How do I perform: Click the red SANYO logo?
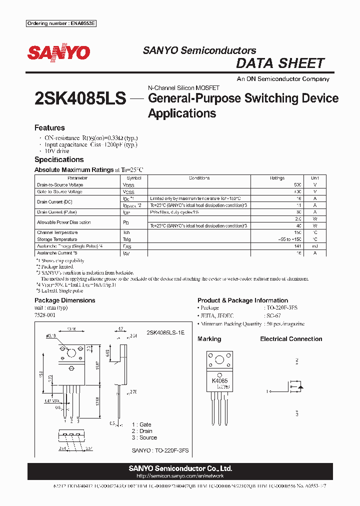pyautogui.click(x=58, y=53)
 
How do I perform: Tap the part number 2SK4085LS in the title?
pyautogui.click(x=80, y=98)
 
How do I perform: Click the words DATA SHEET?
pyautogui.click(x=280, y=63)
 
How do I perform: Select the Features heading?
pyautogui.click(x=49, y=128)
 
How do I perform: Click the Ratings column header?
pyautogui.click(x=276, y=178)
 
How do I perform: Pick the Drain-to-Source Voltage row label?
pyautogui.click(x=60, y=185)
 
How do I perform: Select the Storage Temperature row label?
pyautogui.click(x=57, y=239)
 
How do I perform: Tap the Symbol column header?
pyautogui.click(x=134, y=178)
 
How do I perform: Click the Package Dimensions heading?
pyautogui.click(x=64, y=300)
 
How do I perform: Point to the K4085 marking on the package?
pyautogui.click(x=219, y=380)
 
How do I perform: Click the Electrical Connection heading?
pyautogui.click(x=291, y=339)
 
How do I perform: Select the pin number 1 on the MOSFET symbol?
pyautogui.click(x=267, y=391)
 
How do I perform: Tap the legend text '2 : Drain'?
pyautogui.click(x=142, y=431)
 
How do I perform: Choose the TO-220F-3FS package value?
pyautogui.click(x=283, y=308)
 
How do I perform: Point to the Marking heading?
pyautogui.click(x=209, y=339)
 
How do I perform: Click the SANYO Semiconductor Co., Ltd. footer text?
pyautogui.click(x=179, y=468)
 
